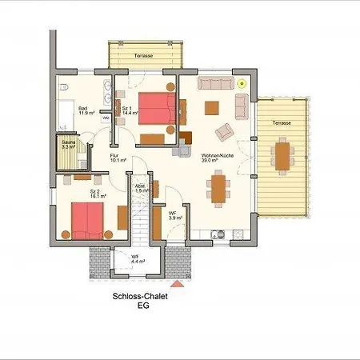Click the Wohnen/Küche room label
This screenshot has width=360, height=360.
(x=217, y=156)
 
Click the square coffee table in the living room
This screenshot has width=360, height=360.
(x=212, y=108)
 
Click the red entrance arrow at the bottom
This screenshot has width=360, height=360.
(x=177, y=282)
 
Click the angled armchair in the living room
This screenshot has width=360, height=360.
(x=226, y=131)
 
